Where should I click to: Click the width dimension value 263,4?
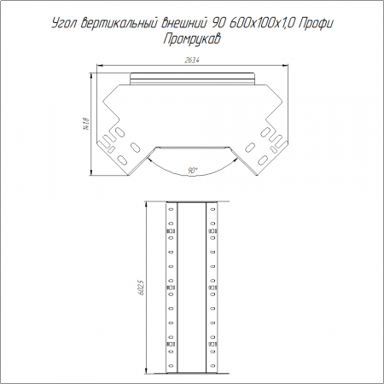192,61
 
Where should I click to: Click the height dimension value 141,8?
86,125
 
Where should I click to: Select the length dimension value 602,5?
143,288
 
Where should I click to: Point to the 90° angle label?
193,171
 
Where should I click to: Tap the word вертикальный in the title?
119,23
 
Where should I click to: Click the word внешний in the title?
183,23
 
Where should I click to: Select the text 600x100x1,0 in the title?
262,23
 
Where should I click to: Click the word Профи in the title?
316,24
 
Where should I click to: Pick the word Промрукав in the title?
192,39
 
